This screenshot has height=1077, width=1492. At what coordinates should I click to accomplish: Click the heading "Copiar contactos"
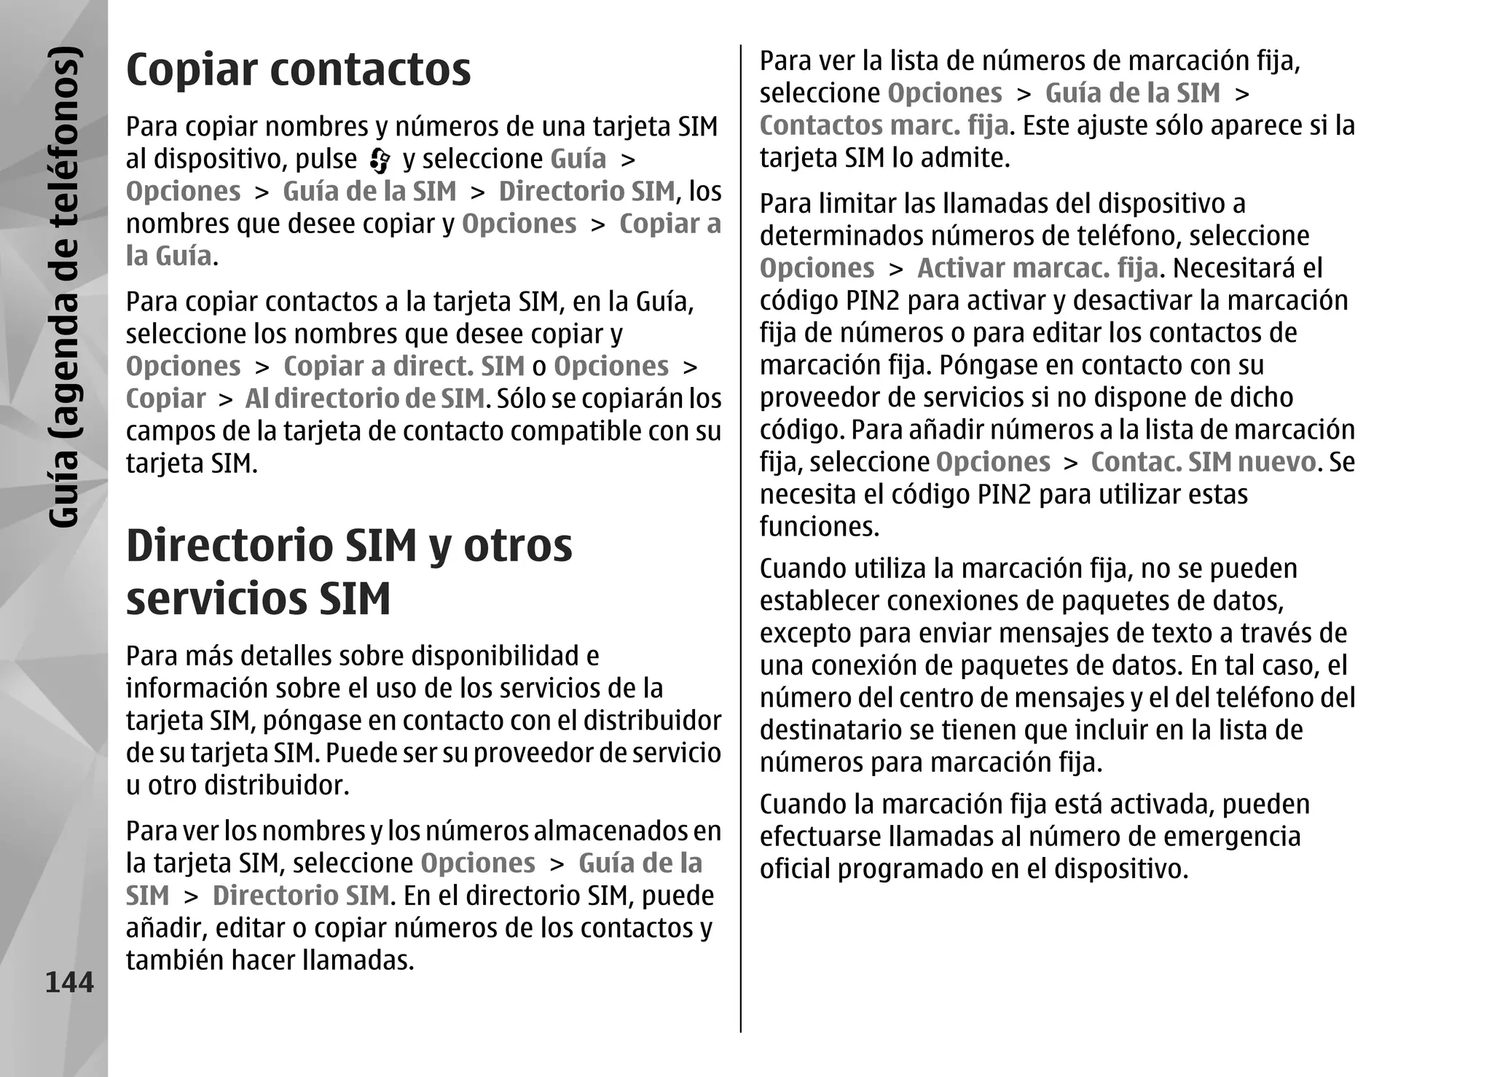(x=298, y=70)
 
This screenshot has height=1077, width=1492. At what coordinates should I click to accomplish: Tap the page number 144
(x=69, y=983)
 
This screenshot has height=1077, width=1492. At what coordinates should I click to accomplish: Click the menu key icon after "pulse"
(x=380, y=160)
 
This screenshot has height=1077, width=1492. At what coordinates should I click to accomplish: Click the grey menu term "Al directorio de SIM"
(x=364, y=399)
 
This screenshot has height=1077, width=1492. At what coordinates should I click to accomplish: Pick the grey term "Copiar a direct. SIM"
(x=404, y=366)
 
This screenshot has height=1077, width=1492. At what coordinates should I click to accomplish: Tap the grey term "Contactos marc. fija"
(x=884, y=125)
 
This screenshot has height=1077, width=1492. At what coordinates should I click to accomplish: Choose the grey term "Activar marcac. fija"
(x=1037, y=268)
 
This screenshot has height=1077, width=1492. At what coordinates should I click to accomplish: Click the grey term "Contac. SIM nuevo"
(x=1203, y=462)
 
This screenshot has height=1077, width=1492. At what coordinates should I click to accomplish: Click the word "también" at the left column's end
(x=174, y=960)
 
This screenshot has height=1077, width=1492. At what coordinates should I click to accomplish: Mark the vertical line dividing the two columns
(x=741, y=539)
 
